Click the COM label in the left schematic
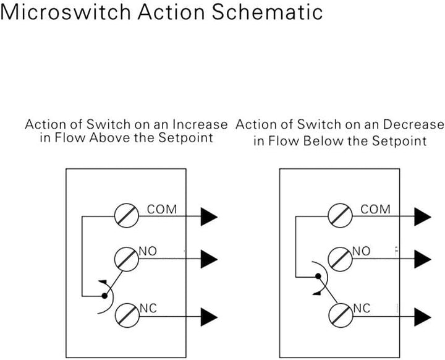[162, 210]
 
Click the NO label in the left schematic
[148, 251]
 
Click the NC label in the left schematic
[148, 308]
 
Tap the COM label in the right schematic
[376, 210]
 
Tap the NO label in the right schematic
[362, 251]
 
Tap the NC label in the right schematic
[362, 308]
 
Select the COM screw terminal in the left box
[127, 216]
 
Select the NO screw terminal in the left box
[127, 259]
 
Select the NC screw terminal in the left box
[127, 315]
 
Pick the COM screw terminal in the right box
[340, 216]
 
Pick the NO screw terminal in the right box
[340, 259]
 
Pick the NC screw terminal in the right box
[341, 315]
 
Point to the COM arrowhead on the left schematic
[209, 216]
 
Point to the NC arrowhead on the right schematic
[423, 317]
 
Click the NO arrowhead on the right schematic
[423, 259]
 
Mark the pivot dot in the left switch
[104, 296]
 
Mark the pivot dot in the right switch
[318, 276]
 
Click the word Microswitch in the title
[66, 12]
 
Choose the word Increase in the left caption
[200, 124]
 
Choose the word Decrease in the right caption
[413, 124]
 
